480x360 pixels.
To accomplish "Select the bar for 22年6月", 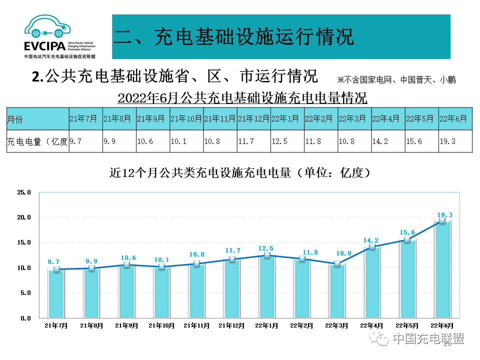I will pos(442,270).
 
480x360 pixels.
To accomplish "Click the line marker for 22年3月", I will pos(337,263).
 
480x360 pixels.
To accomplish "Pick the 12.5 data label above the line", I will pos(267,248).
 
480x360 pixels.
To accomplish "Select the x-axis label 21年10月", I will pos(162,325).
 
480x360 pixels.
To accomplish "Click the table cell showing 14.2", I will pos(388,141).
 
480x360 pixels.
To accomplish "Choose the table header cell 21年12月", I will pos(253,119).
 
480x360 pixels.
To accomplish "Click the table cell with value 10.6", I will pos(152,141).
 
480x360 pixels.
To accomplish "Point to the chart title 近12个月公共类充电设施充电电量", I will pos(239,173).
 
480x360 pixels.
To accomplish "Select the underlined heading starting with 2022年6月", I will pos(242,97).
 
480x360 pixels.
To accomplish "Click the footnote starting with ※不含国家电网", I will pos(396,80).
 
